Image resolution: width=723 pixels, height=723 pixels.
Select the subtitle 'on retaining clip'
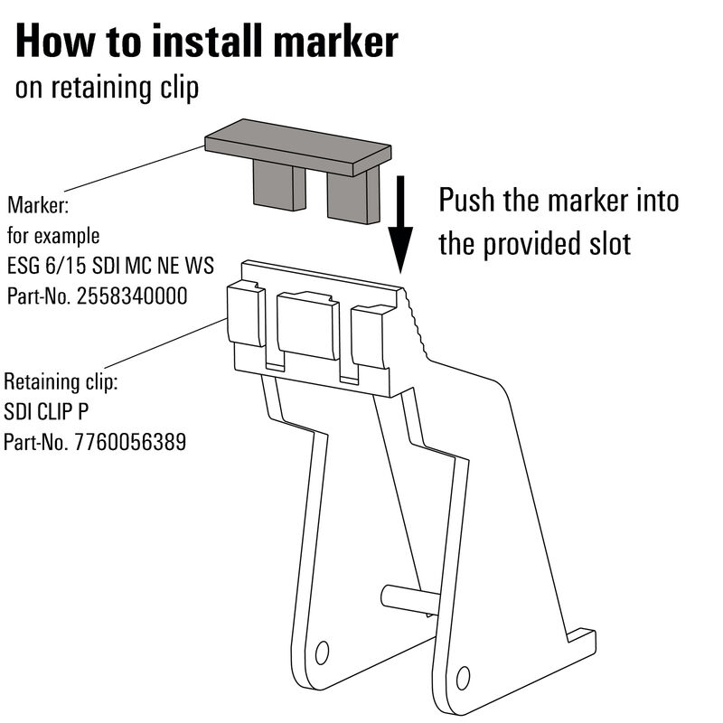[107, 89]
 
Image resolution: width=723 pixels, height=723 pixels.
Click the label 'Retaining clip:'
[61, 381]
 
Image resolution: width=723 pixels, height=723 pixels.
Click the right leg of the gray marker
[351, 197]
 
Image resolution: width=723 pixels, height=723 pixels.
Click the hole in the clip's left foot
[321, 652]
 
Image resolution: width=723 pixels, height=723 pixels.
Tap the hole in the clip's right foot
[463, 676]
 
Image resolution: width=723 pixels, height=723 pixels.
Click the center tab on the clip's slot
[307, 325]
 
